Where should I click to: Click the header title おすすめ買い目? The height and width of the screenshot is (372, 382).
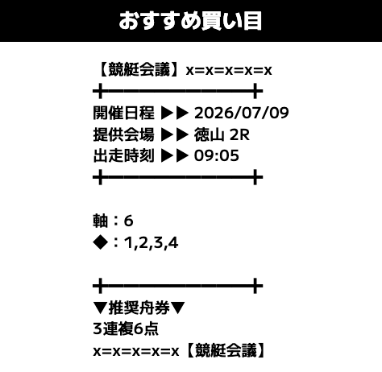point(190,21)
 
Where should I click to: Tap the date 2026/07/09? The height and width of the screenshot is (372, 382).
point(242,113)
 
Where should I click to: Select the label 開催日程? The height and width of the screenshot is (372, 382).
point(123,113)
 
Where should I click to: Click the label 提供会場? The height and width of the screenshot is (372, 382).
point(123,134)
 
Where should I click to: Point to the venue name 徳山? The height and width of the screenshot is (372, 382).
point(209,134)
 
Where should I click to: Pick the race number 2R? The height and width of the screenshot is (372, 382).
point(240,134)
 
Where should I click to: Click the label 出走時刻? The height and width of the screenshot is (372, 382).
point(123,155)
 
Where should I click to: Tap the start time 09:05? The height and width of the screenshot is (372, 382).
point(217,155)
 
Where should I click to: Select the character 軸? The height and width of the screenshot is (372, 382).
point(101,221)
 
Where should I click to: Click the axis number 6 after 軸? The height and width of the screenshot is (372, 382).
point(128,221)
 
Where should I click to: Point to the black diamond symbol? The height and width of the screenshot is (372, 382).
point(101,242)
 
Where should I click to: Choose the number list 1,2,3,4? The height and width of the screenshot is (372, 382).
point(151,243)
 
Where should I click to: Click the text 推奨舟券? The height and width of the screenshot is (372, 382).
point(139,308)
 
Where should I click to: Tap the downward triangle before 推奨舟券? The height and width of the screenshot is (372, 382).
point(101,308)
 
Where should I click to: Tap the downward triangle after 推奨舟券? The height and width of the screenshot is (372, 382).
point(177,308)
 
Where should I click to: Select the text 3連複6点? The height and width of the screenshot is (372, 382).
point(126,329)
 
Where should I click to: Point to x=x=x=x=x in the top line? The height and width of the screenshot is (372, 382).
point(229,71)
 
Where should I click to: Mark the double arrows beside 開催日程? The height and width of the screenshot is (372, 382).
point(175,113)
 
